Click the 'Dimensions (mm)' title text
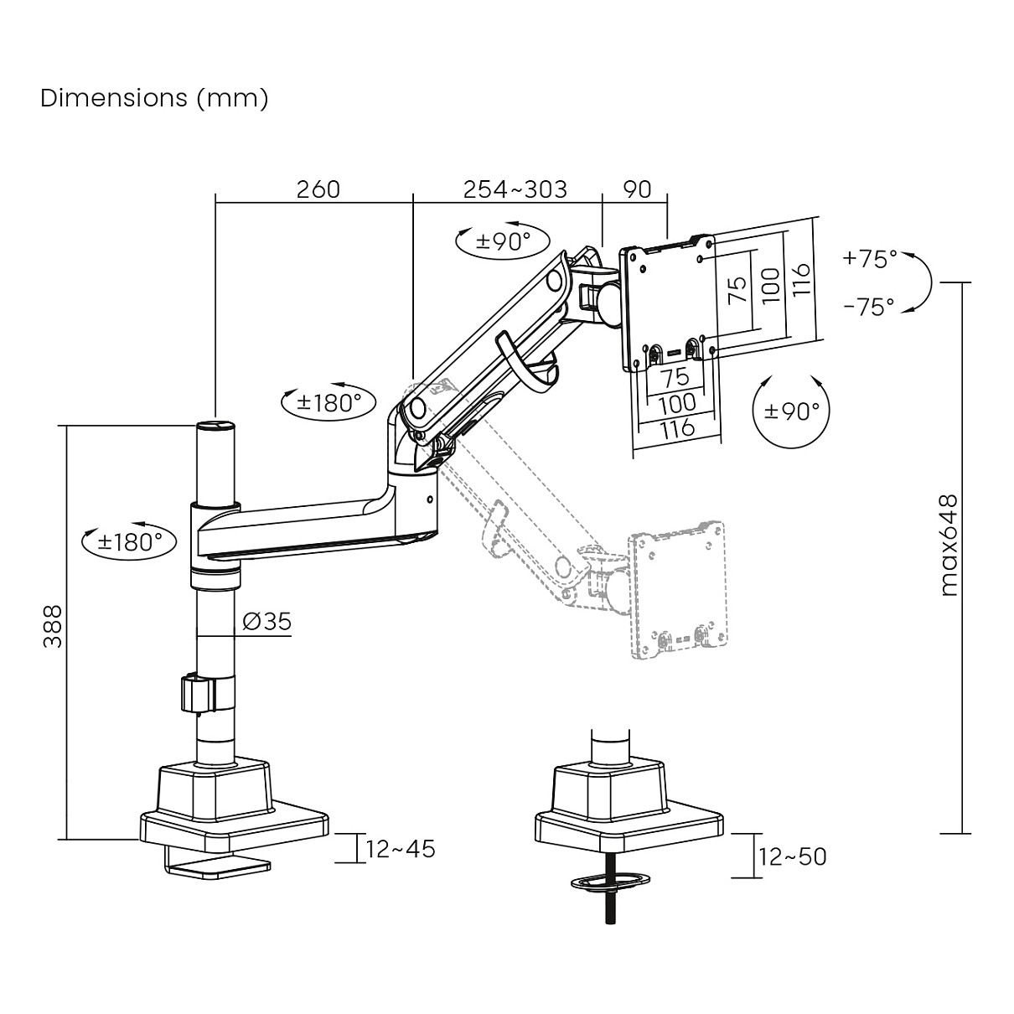click(154, 98)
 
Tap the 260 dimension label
click(318, 189)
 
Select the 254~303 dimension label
click(515, 189)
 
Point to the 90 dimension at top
click(637, 189)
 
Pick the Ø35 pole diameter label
click(266, 621)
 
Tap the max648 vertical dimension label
click(947, 546)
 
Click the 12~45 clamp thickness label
click(401, 849)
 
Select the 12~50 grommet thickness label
click(792, 856)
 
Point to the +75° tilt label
click(869, 259)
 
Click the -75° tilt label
click(869, 307)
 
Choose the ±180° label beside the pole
click(130, 541)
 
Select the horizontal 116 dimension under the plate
click(677, 428)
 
